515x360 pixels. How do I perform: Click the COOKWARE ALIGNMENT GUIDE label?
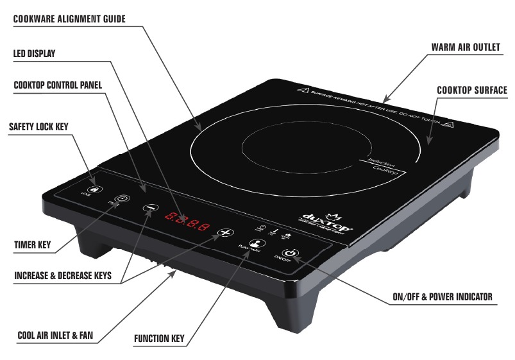point(69,19)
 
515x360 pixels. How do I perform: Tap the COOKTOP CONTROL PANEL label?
point(58,85)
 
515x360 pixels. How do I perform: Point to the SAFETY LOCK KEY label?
point(38,127)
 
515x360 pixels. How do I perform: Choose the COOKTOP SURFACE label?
point(471,90)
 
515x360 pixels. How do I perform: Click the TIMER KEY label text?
point(32,244)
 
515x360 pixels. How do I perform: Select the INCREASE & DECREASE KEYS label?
point(63,276)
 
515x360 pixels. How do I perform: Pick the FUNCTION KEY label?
point(160,338)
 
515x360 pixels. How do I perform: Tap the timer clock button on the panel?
point(121,199)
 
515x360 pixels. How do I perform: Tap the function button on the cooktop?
point(255,243)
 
